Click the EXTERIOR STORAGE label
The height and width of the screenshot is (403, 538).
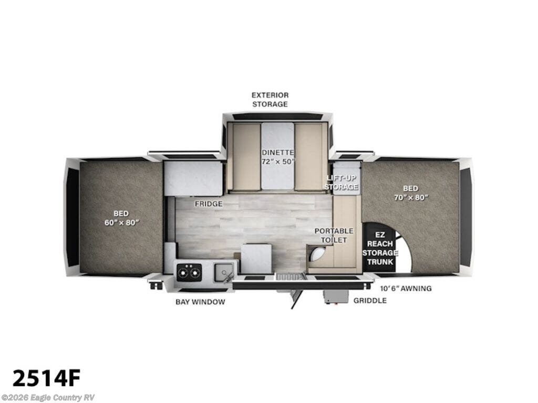(x=270, y=99)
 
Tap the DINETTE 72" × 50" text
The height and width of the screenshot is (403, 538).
(x=278, y=156)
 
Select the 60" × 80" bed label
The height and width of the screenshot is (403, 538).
(x=121, y=218)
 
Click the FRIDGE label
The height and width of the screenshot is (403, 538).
(x=209, y=204)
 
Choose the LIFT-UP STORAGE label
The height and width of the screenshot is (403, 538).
(x=341, y=182)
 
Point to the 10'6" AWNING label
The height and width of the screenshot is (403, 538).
(x=406, y=288)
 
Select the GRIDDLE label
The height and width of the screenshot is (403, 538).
(x=370, y=301)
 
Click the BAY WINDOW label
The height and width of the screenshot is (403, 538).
(x=200, y=302)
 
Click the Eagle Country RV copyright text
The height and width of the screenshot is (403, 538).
(x=48, y=398)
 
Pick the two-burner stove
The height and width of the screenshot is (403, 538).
(x=189, y=271)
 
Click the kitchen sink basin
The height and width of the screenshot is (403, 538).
(x=223, y=272)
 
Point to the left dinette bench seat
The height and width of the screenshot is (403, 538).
(x=246, y=156)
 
